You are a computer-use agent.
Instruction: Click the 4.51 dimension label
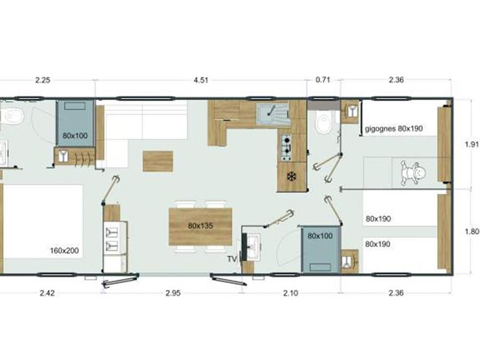pos(201,80)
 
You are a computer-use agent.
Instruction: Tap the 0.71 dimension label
pos(323,80)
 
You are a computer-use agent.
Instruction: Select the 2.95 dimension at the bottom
pos(173,293)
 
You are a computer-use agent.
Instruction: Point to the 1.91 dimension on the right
pos(472,144)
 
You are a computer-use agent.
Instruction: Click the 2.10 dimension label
pos(291,293)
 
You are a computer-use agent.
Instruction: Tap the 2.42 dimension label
pos(47,293)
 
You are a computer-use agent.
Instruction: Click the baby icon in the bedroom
pos(413,173)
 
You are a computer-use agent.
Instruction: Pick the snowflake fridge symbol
pos(292,177)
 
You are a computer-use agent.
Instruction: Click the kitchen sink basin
pos(273,114)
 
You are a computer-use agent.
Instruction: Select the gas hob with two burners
pos(286,148)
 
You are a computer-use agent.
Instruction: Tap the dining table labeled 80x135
pos(201,226)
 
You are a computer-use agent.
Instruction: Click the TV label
pos(232,259)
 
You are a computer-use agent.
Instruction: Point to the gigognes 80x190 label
pos(394,129)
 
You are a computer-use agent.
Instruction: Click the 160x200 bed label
pos(65,251)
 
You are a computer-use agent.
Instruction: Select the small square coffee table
pos(158,161)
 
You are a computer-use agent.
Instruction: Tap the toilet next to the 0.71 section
pos(324,121)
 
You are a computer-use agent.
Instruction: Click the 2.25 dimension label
pos(43,80)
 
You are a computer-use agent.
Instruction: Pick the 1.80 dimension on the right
pos(472,232)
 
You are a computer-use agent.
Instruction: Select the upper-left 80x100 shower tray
pos(75,123)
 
